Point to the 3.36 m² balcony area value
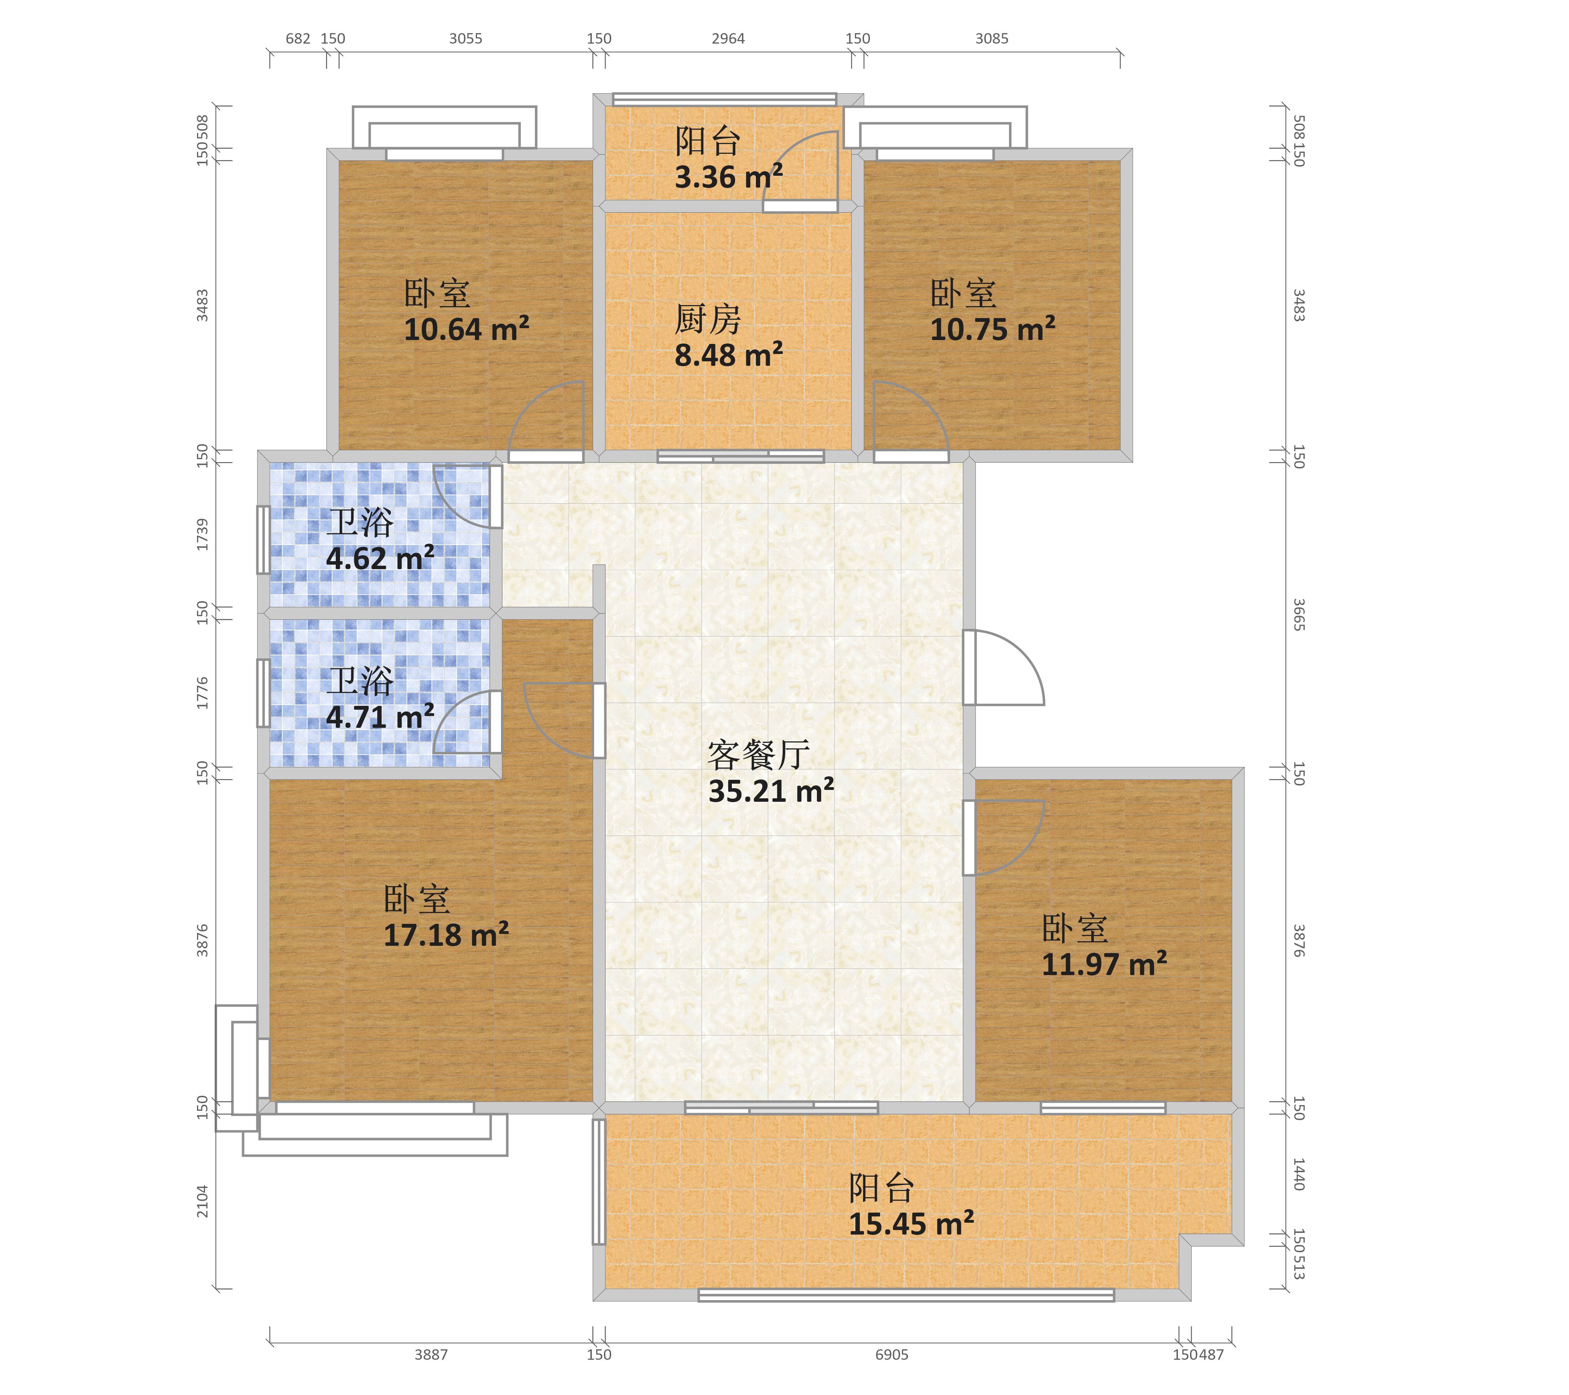coord(728,176)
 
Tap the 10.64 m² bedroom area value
coord(467,329)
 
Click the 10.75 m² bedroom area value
coord(993,329)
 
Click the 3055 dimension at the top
coord(466,38)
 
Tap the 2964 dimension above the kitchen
coord(728,38)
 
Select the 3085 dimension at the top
coord(992,38)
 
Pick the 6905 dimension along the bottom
coord(892,1354)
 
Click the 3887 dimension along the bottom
coord(431,1354)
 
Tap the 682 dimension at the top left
coord(298,38)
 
